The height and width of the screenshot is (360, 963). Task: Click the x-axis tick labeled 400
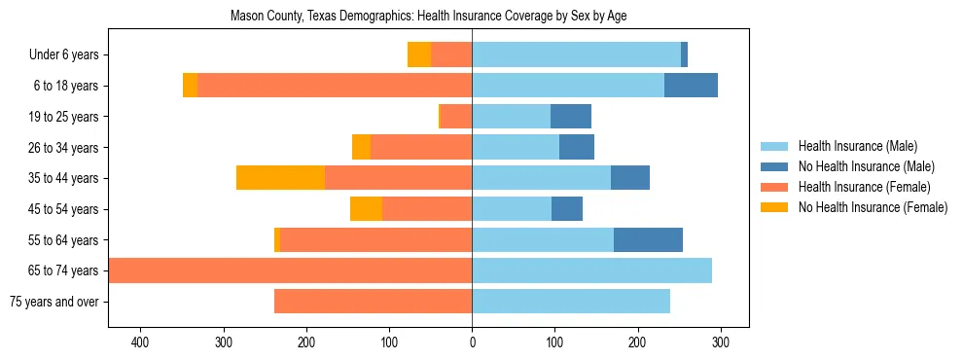coord(141,342)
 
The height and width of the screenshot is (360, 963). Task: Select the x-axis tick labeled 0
coord(472,342)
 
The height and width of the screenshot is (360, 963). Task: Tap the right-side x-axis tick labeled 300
coord(721,342)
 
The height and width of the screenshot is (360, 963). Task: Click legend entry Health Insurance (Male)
coord(857,146)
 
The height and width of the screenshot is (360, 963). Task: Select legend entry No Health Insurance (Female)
coord(873,207)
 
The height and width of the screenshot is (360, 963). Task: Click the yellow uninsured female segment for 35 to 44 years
coord(280,178)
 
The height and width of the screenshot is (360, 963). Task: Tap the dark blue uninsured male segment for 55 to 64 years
coord(648,240)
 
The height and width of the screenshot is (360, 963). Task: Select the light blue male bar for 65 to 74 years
coord(591,270)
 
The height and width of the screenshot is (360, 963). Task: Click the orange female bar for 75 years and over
coord(373,302)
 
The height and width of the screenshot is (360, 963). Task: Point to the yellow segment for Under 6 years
coord(419,55)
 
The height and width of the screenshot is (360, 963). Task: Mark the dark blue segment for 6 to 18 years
coord(691,86)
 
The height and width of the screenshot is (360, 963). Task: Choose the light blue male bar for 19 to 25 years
coord(511,117)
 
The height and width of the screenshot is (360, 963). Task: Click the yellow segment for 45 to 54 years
coord(366,209)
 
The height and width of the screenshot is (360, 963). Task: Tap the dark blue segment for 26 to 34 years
coord(577,148)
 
